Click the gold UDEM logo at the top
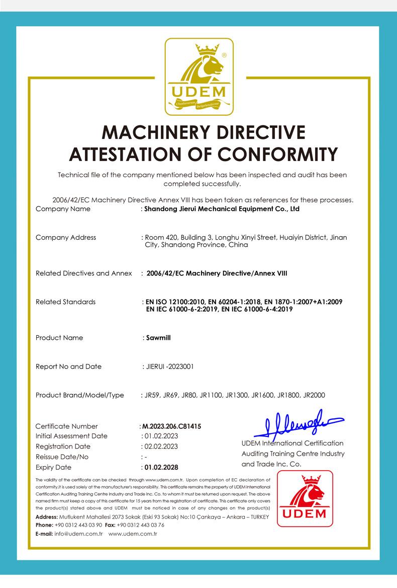point(200,77)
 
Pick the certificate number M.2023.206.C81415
point(171,426)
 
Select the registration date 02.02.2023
point(161,447)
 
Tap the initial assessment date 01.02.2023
point(161,436)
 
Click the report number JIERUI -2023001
point(168,366)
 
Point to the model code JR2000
point(314,395)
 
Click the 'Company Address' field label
point(66,237)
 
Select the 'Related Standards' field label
point(65,302)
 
